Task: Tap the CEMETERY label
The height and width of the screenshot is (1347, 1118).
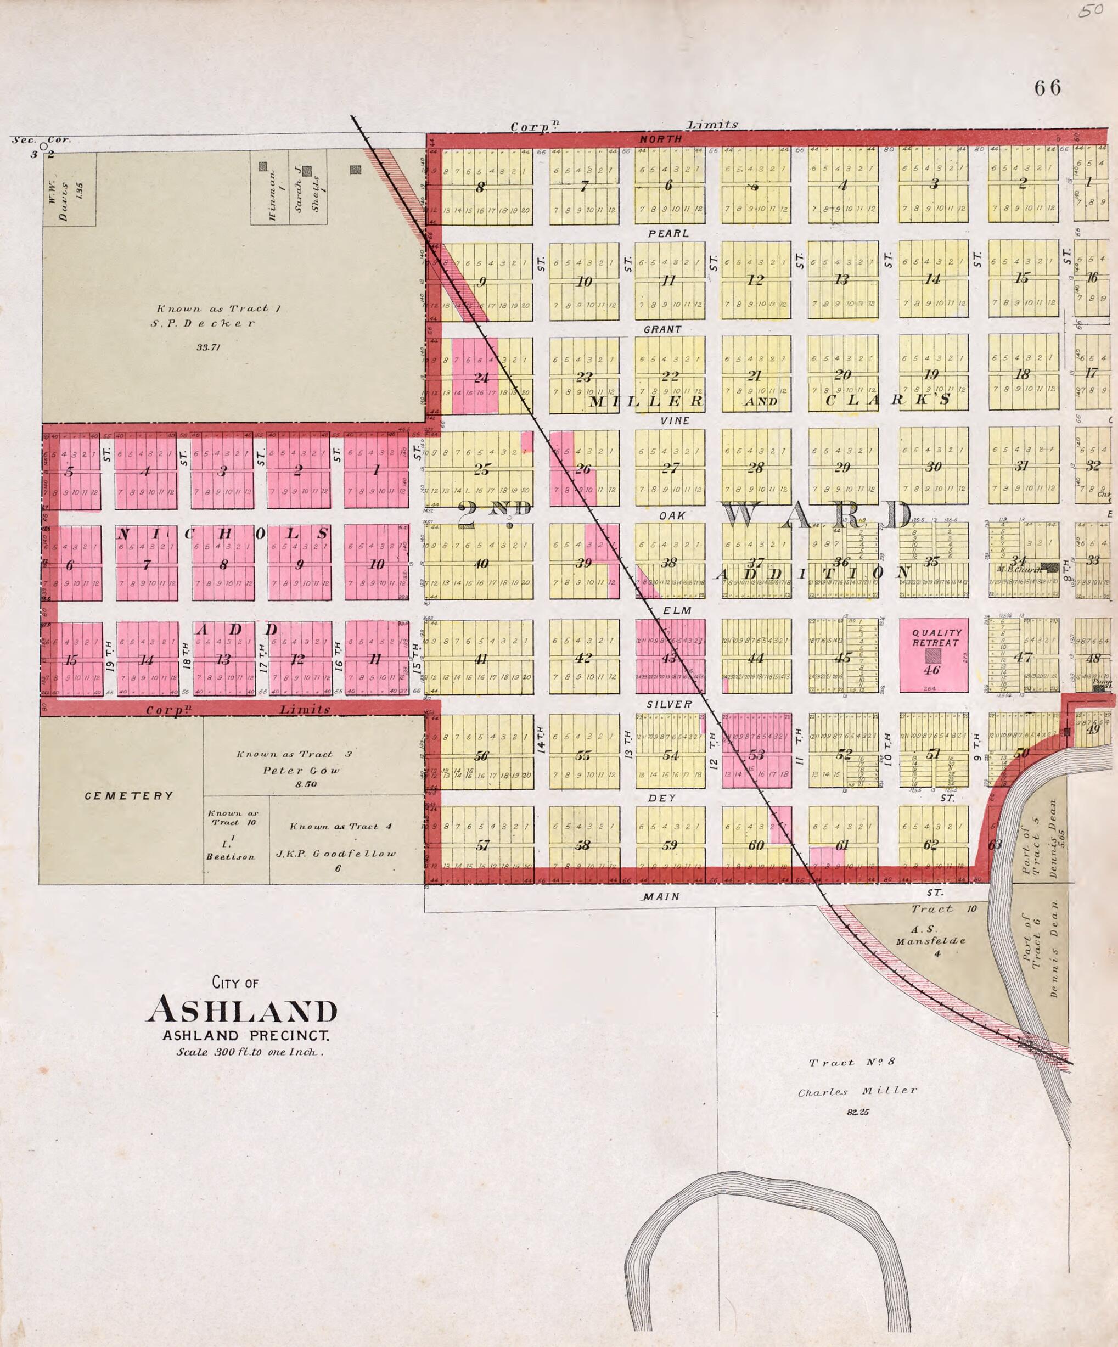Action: [x=129, y=796]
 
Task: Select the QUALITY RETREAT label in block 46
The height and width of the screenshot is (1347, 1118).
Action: [x=936, y=638]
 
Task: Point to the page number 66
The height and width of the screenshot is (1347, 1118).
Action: [x=1047, y=87]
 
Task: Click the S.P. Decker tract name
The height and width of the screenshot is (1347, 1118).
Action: [x=203, y=323]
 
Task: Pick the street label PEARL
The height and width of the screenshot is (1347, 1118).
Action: [x=668, y=233]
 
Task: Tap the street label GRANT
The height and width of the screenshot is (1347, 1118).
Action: [x=662, y=329]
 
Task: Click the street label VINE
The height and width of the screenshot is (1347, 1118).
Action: [x=675, y=421]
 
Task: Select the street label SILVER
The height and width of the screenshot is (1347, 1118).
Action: [x=669, y=704]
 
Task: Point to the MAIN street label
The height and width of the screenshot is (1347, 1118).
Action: [x=661, y=897]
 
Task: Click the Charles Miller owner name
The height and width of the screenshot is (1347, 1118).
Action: [x=858, y=1092]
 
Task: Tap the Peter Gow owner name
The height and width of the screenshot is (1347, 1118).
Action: [x=301, y=770]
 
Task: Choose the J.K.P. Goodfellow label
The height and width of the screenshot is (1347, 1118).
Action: [x=336, y=853]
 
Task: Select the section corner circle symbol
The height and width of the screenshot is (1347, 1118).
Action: [x=43, y=146]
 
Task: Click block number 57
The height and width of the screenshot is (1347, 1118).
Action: [x=482, y=845]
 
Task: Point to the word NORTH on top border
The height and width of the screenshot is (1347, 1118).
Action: [x=661, y=138]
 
